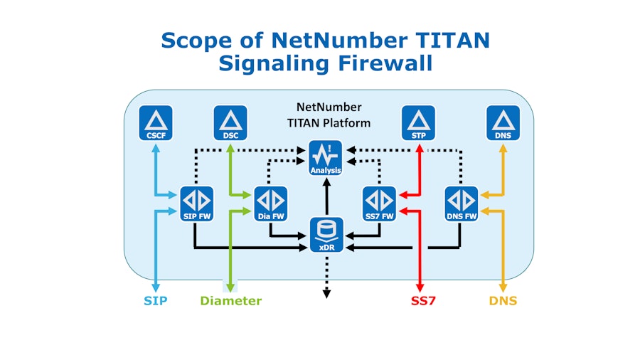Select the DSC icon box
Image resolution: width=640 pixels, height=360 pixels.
[230, 122]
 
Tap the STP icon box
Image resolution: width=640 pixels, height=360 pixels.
[419, 122]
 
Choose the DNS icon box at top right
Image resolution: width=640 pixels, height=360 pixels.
[503, 122]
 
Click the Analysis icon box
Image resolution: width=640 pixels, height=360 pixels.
[326, 159]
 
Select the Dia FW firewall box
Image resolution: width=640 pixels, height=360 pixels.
[270, 203]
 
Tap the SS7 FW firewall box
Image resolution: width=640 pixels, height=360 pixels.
[379, 203]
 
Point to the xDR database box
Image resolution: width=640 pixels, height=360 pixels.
[327, 235]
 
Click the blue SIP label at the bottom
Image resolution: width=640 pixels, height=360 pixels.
[155, 301]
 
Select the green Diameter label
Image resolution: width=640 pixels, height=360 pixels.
[230, 301]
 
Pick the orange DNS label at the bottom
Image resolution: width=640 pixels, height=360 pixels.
[503, 301]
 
